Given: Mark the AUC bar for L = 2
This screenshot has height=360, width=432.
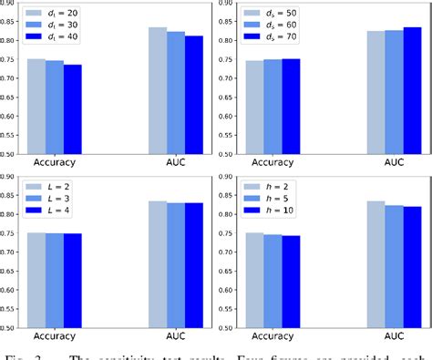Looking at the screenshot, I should [158, 263].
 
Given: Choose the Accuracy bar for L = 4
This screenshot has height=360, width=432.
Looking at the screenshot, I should [72, 279].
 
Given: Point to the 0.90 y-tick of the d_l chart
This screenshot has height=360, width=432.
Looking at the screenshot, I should [11, 4].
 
